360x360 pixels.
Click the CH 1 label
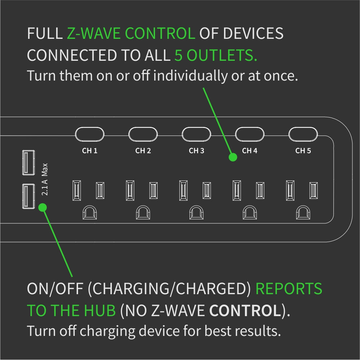point(90,151)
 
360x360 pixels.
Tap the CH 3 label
point(196,151)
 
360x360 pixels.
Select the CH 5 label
point(303,151)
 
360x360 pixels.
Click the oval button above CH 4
point(250,135)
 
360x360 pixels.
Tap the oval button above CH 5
point(303,135)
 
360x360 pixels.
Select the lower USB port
point(28,196)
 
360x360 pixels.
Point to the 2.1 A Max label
point(45,179)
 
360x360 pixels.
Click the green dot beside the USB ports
point(42,208)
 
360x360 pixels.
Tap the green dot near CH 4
point(233,157)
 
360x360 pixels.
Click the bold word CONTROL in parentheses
point(245,311)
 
